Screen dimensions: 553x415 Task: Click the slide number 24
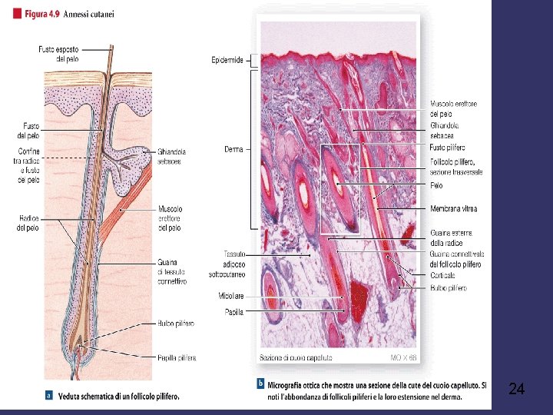pyautogui.click(x=516, y=390)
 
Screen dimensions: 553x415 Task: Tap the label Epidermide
pyautogui.click(x=227, y=59)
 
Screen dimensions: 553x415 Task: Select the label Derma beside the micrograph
pyautogui.click(x=233, y=149)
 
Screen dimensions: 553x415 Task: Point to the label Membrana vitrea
pyautogui.click(x=453, y=208)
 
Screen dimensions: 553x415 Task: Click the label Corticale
pyautogui.click(x=442, y=275)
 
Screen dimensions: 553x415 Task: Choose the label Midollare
pyautogui.click(x=230, y=295)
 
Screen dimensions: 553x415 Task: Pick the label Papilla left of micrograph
pyautogui.click(x=233, y=311)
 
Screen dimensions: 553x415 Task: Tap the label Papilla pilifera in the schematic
pyautogui.click(x=177, y=357)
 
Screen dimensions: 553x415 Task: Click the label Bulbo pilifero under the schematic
pyautogui.click(x=176, y=324)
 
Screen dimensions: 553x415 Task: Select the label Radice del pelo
pyautogui.click(x=29, y=222)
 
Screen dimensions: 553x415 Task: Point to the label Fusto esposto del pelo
pyautogui.click(x=58, y=54)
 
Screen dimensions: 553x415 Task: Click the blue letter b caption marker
pyautogui.click(x=262, y=383)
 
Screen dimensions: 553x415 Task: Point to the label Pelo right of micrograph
pyautogui.click(x=435, y=184)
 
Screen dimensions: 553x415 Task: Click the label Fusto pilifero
pyautogui.click(x=447, y=148)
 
